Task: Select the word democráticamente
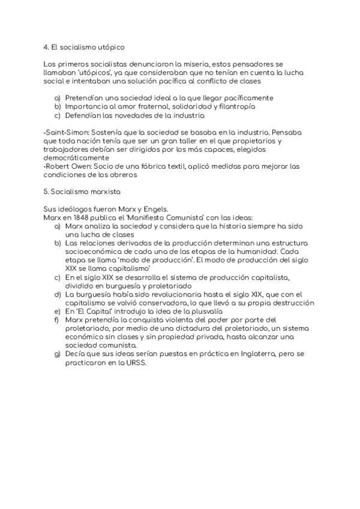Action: coord(74,157)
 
